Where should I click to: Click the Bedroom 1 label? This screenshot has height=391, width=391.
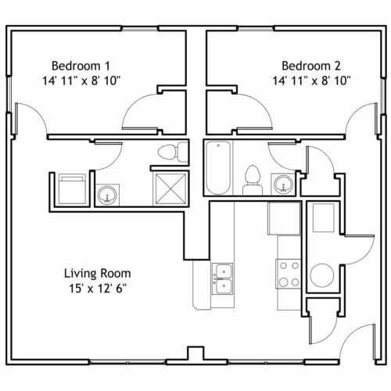click(81, 66)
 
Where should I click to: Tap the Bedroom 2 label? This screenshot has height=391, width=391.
click(311, 66)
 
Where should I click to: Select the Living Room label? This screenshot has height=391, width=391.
click(98, 274)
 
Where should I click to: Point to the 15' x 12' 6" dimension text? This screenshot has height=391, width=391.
click(98, 289)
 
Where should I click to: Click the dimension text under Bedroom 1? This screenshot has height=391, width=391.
click(81, 81)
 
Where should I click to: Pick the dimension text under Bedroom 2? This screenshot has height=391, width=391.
click(312, 81)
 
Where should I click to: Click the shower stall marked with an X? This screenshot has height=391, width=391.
click(170, 188)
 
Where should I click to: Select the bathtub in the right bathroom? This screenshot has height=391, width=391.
click(218, 167)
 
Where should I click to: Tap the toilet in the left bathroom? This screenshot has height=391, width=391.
click(173, 152)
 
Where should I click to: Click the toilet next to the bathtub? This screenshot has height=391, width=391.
click(252, 181)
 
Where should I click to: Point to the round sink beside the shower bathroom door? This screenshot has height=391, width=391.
click(107, 195)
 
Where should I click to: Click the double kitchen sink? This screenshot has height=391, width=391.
click(222, 278)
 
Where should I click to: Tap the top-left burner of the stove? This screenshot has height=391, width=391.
click(284, 266)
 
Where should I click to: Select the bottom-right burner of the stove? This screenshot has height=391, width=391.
click(295, 282)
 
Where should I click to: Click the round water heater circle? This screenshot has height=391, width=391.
click(322, 275)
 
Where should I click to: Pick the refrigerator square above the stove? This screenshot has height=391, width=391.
click(285, 218)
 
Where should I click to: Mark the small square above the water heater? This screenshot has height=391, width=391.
click(324, 218)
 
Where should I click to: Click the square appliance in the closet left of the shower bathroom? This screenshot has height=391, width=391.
click(72, 189)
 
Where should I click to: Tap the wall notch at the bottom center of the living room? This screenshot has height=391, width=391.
click(196, 353)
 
